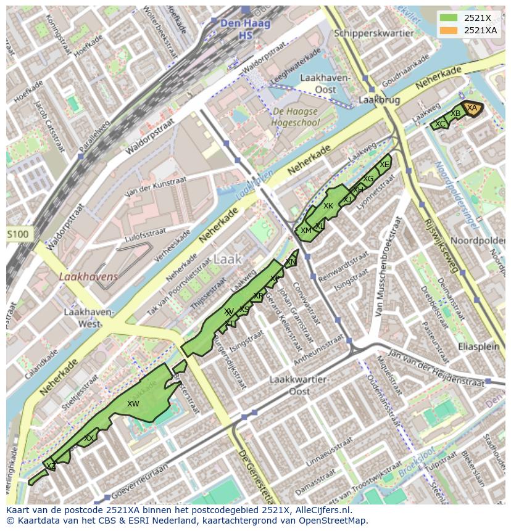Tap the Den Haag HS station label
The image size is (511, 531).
(x=237, y=29)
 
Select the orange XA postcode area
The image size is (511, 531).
(x=472, y=108)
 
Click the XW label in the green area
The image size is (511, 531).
(x=133, y=404)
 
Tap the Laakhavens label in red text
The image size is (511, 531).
(x=88, y=277)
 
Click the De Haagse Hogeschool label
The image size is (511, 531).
(x=294, y=117)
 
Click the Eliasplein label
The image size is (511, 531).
(x=478, y=347)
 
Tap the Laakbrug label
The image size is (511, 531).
(x=379, y=99)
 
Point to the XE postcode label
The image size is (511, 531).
(x=384, y=165)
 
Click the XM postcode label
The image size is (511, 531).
(x=305, y=231)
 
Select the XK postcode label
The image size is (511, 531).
(x=328, y=206)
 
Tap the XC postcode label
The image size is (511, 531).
(x=439, y=125)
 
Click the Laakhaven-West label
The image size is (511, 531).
(x=90, y=318)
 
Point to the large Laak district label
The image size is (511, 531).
(x=227, y=259)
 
